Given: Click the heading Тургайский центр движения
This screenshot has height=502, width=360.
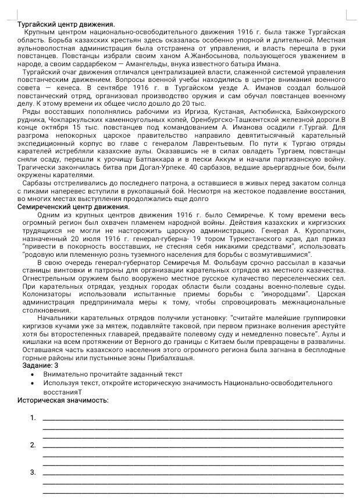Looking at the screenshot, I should (x=66, y=24).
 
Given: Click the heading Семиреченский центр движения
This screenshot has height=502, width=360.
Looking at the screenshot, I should (x=73, y=206).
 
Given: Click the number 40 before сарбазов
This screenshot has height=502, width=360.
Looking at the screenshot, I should (x=193, y=166).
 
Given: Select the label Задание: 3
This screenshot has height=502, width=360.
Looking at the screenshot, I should (x=40, y=365).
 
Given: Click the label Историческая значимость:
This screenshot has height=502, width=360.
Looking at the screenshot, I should (x=63, y=400).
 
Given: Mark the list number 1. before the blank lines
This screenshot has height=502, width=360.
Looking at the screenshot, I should (x=33, y=417).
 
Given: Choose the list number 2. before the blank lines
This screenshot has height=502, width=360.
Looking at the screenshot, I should (x=33, y=445).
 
